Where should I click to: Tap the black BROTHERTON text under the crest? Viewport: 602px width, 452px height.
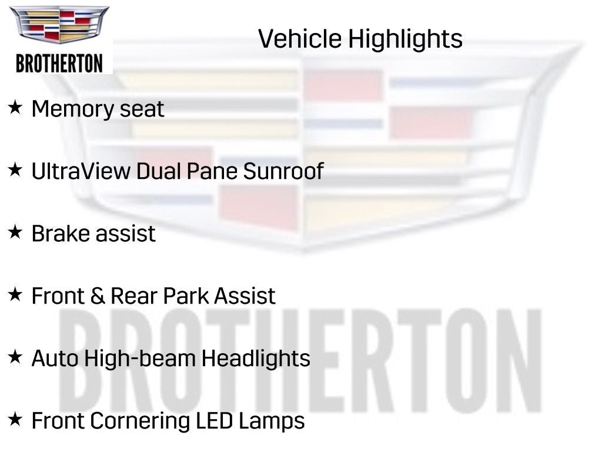[59, 63]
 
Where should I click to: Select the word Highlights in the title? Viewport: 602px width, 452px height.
[405, 39]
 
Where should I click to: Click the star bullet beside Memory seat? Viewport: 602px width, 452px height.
[15, 108]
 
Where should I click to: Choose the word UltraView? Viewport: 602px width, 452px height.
[81, 171]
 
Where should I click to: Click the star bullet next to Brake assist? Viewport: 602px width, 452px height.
[15, 232]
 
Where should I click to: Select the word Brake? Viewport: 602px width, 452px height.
[57, 234]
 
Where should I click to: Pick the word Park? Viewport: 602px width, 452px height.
[186, 295]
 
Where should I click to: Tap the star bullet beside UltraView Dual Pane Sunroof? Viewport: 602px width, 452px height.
[15, 170]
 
